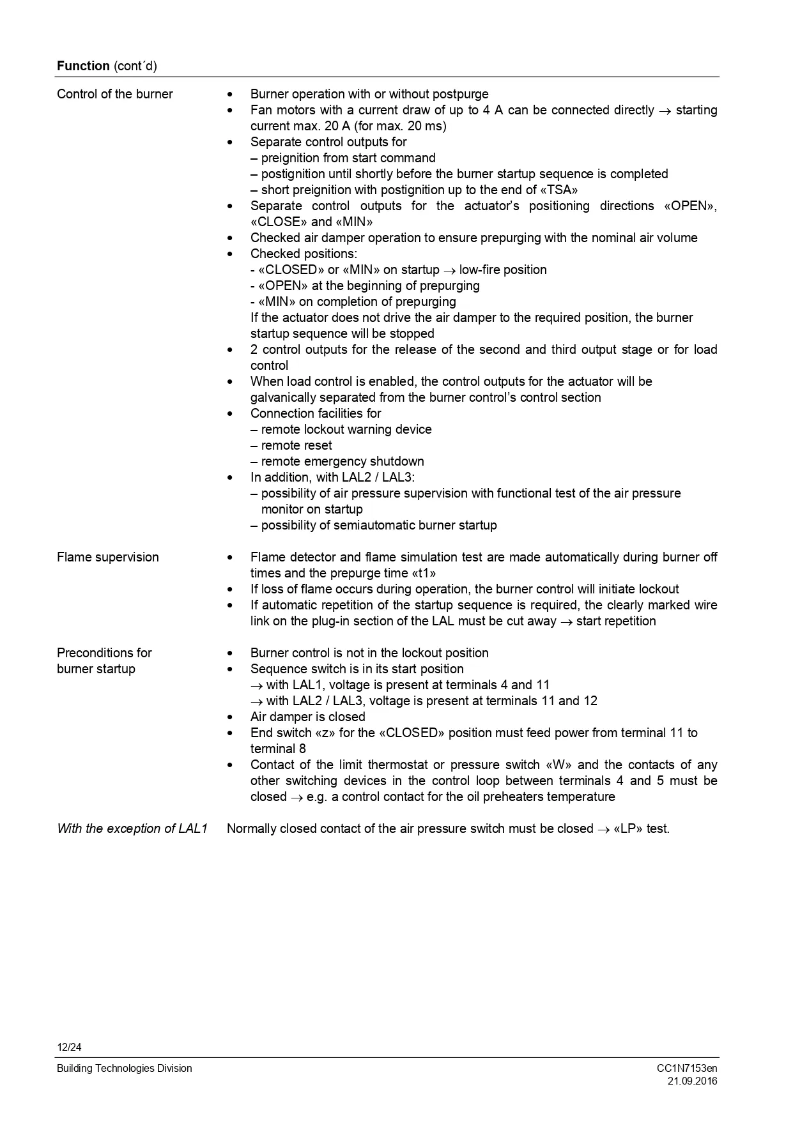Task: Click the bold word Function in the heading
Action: [83, 66]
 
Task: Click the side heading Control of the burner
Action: [115, 95]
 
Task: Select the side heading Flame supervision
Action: [108, 557]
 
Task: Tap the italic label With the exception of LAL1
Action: [132, 828]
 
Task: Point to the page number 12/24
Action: [69, 1048]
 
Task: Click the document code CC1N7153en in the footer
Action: [687, 1068]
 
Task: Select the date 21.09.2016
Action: [692, 1081]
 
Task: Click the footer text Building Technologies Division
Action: [124, 1068]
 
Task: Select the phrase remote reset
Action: [296, 445]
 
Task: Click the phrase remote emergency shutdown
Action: [343, 461]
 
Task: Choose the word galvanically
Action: [282, 397]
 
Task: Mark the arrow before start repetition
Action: [566, 622]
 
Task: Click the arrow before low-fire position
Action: [449, 270]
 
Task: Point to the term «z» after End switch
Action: [326, 733]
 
